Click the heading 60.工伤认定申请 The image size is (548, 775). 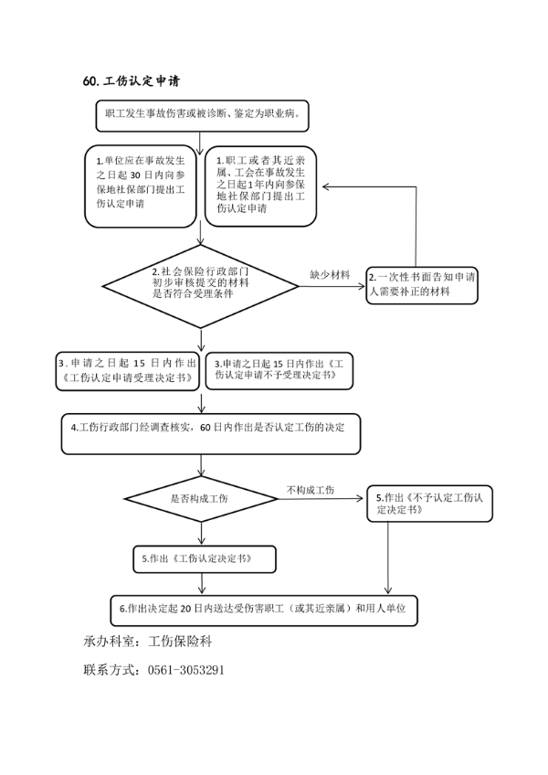(x=130, y=81)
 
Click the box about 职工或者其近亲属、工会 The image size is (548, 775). (x=260, y=184)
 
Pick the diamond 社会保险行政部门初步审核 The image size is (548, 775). (x=199, y=282)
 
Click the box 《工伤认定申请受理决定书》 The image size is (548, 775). (x=127, y=368)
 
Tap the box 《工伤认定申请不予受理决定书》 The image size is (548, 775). (x=277, y=369)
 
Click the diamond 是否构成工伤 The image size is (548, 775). (x=199, y=499)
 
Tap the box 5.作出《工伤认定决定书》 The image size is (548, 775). (x=204, y=557)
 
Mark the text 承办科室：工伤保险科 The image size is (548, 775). (x=147, y=642)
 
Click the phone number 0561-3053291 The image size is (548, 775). (x=186, y=670)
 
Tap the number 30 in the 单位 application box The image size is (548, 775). (x=136, y=174)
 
